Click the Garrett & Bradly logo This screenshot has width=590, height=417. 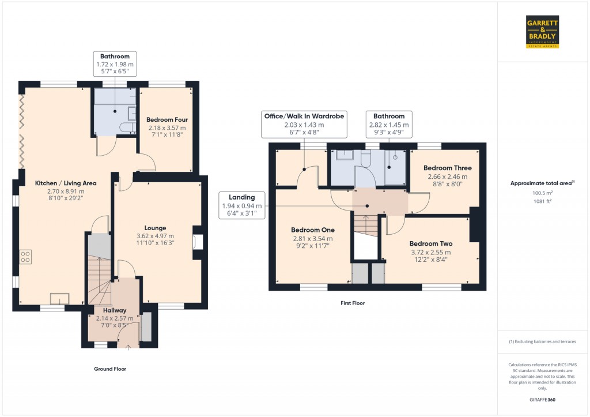pyautogui.click(x=542, y=32)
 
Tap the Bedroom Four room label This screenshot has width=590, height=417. pyautogui.click(x=167, y=120)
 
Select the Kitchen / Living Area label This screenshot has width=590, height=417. pyautogui.click(x=66, y=183)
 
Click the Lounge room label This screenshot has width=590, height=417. pyautogui.click(x=156, y=228)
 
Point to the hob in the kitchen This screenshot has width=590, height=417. pyautogui.click(x=25, y=257)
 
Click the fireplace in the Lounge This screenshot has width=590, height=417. pyautogui.click(x=198, y=242)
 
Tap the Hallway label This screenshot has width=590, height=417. pyautogui.click(x=115, y=310)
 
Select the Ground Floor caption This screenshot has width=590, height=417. pyautogui.click(x=110, y=369)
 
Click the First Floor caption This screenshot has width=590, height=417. pyautogui.click(x=353, y=303)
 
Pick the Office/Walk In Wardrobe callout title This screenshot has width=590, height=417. pyautogui.click(x=304, y=116)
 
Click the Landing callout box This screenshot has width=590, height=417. pyautogui.click(x=242, y=205)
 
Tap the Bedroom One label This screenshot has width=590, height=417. pyautogui.click(x=313, y=230)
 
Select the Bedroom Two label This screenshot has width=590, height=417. pyautogui.click(x=431, y=244)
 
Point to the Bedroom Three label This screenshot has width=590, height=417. pyautogui.click(x=447, y=168)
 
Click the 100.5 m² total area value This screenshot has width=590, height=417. pyautogui.click(x=542, y=193)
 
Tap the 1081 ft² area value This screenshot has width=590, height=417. pyautogui.click(x=542, y=201)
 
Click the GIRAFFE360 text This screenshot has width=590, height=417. pyautogui.click(x=542, y=400)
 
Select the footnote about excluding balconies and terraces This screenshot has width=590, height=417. pyautogui.click(x=542, y=341)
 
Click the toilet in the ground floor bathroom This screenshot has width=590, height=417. pyautogui.click(x=128, y=127)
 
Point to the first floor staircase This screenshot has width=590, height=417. pyautogui.click(x=365, y=225)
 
